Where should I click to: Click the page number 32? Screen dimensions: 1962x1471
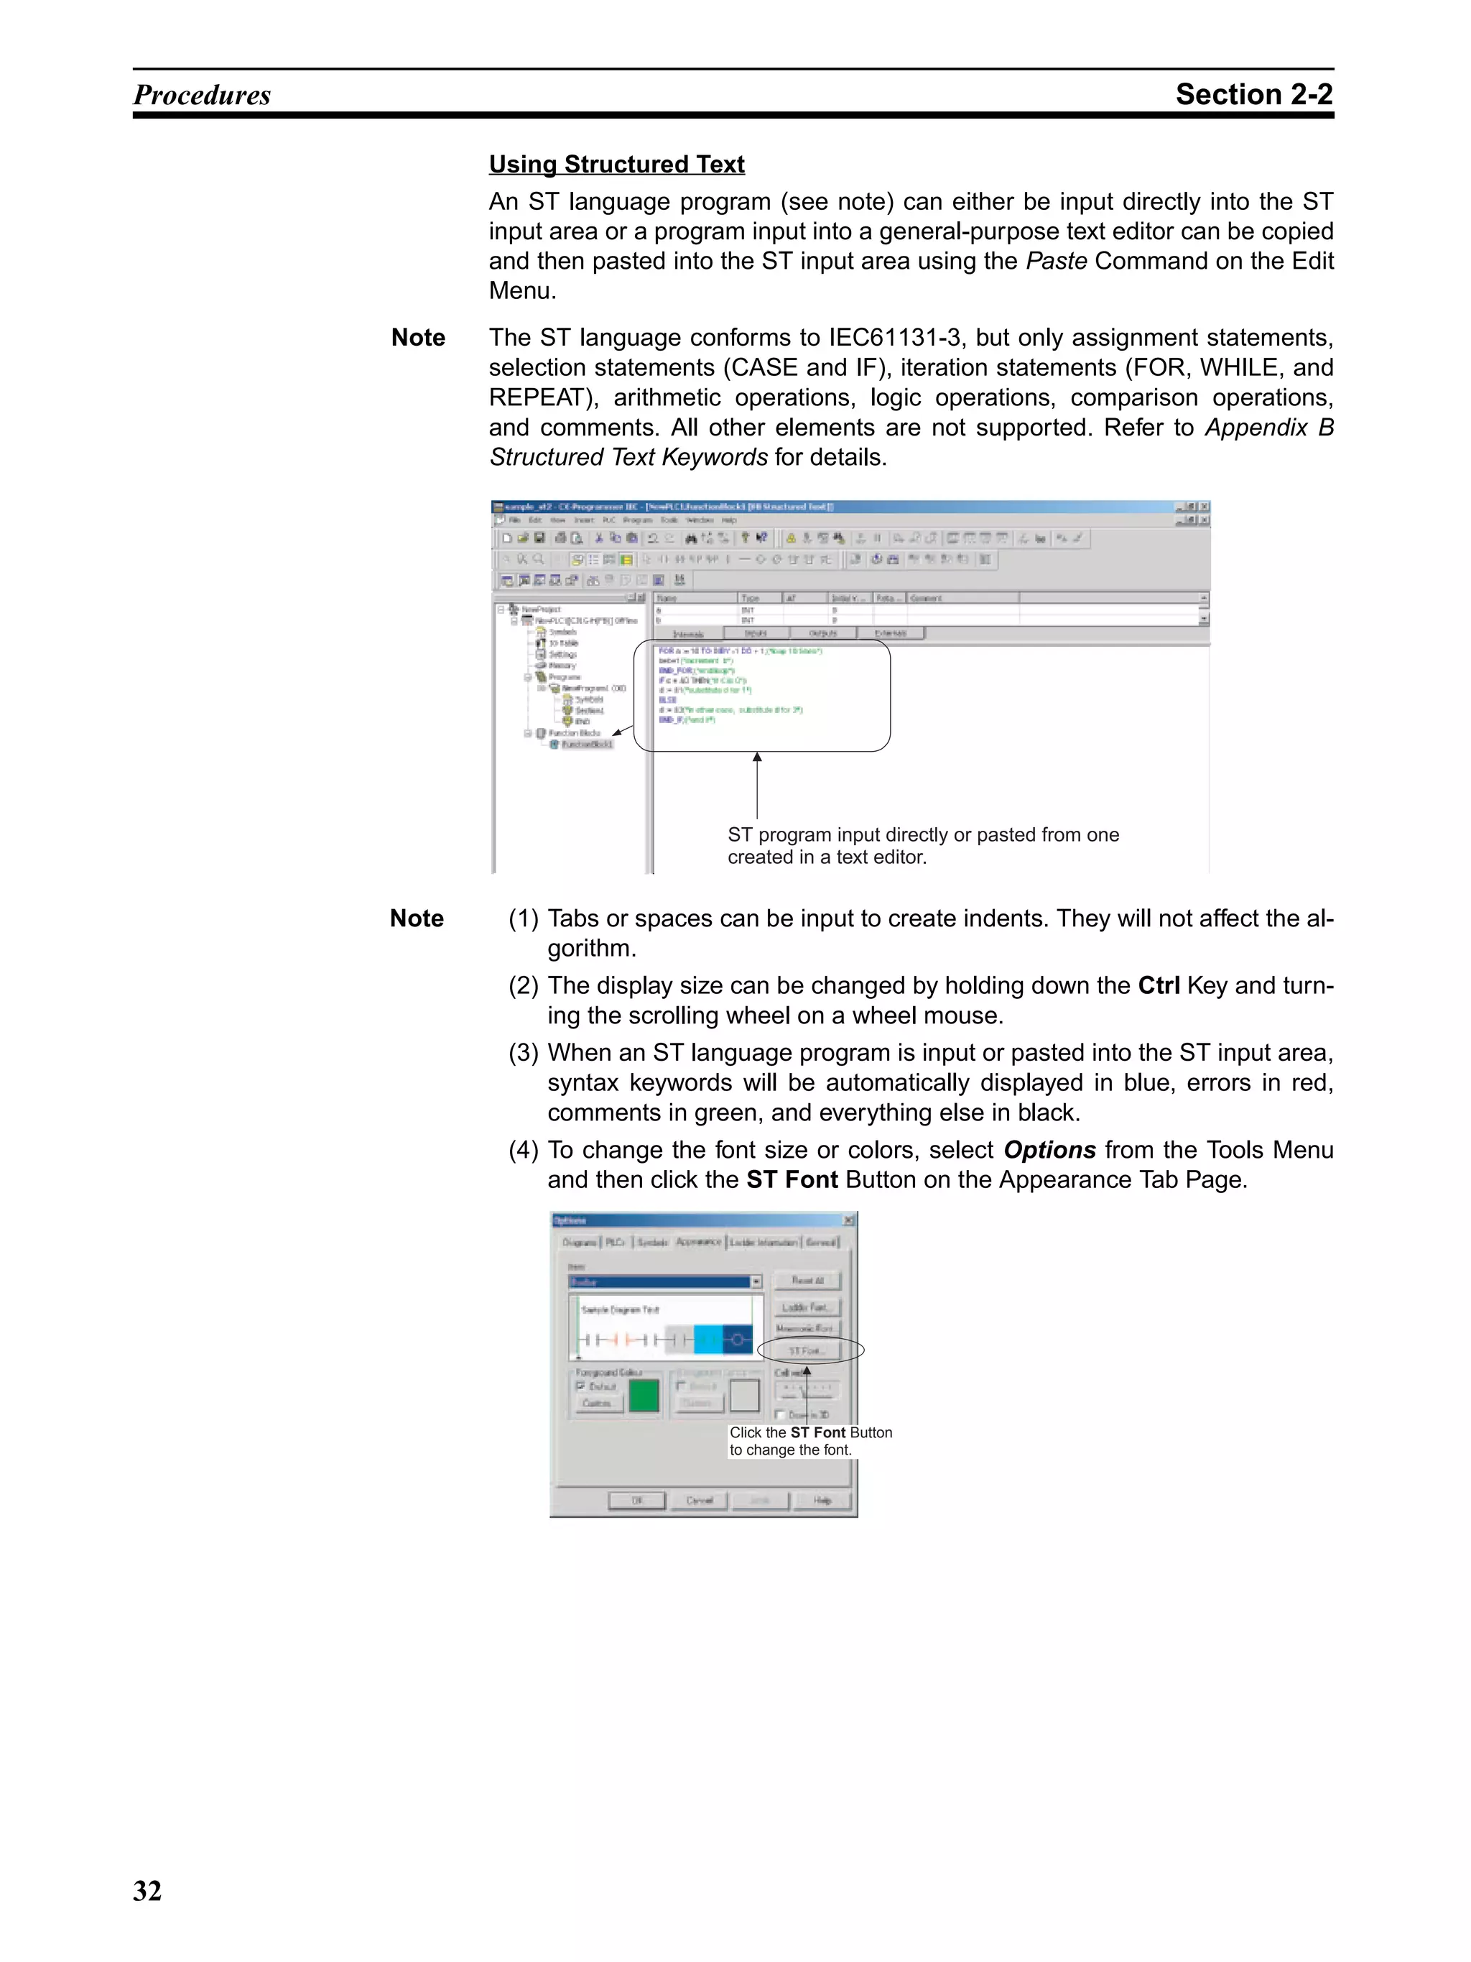[x=147, y=1890]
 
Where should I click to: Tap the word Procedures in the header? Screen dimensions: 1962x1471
[x=202, y=95]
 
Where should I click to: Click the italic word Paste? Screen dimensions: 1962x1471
[x=1056, y=261]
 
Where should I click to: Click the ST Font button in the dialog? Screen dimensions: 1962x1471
[x=805, y=1350]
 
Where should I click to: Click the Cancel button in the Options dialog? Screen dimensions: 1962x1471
[x=699, y=1500]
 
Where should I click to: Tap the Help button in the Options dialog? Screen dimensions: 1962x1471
[x=822, y=1500]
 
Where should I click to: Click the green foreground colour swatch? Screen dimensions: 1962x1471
[x=644, y=1395]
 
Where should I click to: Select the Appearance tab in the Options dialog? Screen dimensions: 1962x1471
[x=699, y=1242]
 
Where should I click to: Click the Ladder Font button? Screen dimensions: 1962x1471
[x=805, y=1307]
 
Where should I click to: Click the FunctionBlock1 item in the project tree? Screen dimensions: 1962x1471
[x=587, y=744]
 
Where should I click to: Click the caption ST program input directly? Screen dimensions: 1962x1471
[x=922, y=834]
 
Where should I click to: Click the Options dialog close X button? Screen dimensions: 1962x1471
[x=848, y=1220]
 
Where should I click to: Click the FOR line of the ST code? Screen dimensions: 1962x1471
[x=740, y=651]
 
